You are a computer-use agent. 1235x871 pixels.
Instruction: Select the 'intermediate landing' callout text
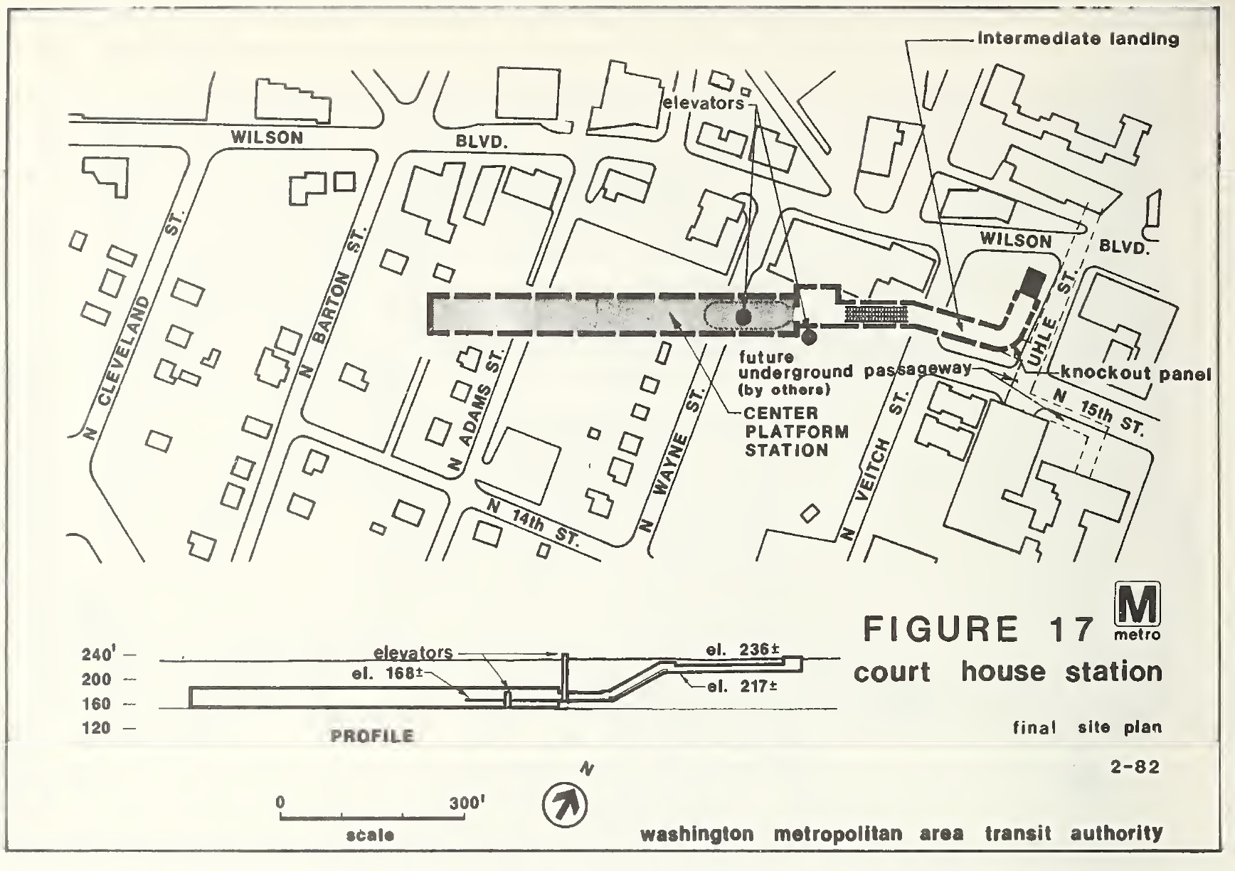pyautogui.click(x=1078, y=38)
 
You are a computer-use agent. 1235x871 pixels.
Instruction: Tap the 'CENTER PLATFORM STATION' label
pyautogui.click(x=786, y=431)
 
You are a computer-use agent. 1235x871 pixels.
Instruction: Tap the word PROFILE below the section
pyautogui.click(x=372, y=736)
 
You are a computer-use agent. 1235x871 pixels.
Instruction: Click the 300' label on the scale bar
pyautogui.click(x=467, y=803)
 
